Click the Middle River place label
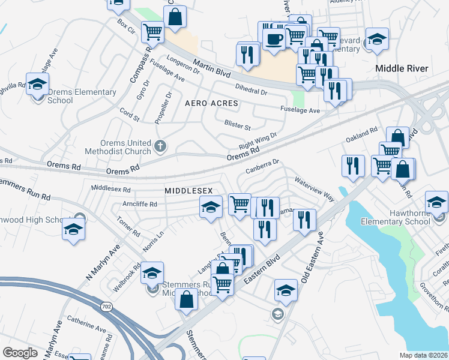point(402,68)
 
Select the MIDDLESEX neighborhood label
point(189,190)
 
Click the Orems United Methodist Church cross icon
point(160,145)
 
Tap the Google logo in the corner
point(20,353)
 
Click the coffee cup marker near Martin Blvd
point(275,40)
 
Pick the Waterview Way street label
point(313,188)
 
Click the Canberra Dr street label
point(262,166)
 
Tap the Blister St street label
point(237,127)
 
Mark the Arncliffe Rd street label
point(139,204)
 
